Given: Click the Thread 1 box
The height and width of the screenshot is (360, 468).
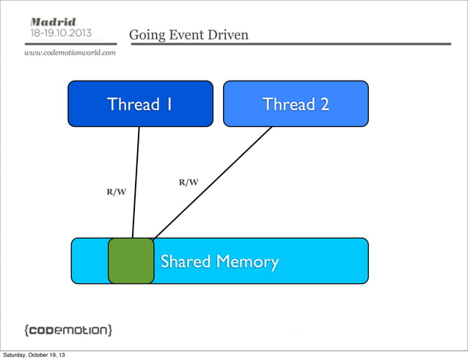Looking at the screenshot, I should (140, 103).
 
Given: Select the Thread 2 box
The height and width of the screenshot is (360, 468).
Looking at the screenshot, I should (296, 103).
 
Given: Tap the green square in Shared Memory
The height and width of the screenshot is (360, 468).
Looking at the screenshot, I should (131, 260).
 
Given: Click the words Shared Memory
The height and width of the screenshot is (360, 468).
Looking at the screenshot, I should (219, 262).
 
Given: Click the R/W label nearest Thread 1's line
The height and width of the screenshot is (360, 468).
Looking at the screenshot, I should (116, 192).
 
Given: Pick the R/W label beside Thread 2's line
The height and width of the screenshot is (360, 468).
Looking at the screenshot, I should (189, 182).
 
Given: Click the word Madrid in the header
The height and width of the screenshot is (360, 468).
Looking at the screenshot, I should (52, 21).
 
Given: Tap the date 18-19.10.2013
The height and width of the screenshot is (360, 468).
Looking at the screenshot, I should (61, 34).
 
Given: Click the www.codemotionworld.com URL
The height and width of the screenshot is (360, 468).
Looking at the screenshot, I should (70, 53).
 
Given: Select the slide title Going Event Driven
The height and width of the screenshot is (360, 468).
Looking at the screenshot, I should (189, 35).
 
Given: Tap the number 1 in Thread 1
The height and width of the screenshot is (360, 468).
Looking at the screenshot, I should (169, 104).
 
